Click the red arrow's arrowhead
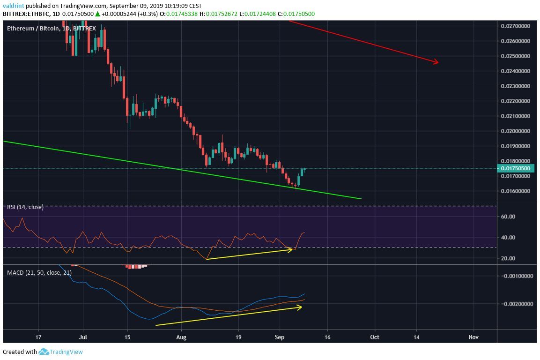tap(436, 62)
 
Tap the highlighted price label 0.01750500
tap(515, 168)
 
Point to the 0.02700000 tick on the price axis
tap(515, 26)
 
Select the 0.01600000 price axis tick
tap(515, 191)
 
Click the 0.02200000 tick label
tap(515, 101)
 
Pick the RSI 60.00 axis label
tap(509, 217)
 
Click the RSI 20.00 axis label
tap(509, 258)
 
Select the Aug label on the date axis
tap(182, 337)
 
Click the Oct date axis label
tap(374, 337)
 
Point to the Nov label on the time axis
tap(473, 337)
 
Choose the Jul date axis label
tap(83, 337)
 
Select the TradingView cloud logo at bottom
tap(44, 352)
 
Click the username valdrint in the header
tap(12, 6)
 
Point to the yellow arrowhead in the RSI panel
tap(290, 250)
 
